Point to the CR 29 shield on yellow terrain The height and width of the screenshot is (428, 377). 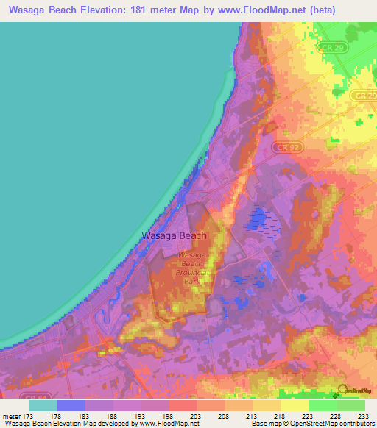click(360, 96)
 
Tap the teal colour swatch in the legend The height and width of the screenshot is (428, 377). click(43, 404)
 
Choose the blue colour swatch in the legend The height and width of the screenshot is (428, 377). click(71, 404)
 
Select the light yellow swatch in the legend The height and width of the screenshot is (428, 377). click(295, 404)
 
